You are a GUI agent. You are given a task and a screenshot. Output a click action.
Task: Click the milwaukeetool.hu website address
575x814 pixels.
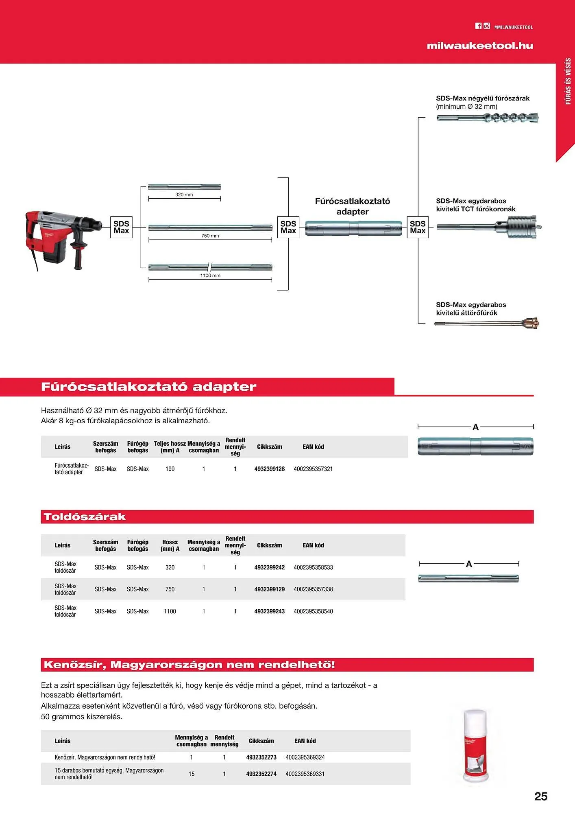[479, 46]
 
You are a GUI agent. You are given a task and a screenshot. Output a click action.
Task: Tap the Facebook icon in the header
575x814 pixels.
[478, 26]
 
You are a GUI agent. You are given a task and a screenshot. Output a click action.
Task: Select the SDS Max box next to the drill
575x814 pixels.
[121, 227]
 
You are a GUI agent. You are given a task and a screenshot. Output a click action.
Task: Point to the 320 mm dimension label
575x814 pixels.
[184, 195]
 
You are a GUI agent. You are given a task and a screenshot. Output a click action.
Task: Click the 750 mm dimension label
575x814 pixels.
[210, 236]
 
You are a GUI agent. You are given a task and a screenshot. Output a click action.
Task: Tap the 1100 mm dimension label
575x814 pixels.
[210, 276]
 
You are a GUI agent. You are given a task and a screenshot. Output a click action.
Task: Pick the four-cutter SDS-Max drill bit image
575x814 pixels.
[488, 118]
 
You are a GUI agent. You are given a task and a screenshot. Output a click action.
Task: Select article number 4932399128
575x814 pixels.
[269, 469]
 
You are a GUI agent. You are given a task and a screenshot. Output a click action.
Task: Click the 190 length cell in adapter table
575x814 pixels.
[170, 469]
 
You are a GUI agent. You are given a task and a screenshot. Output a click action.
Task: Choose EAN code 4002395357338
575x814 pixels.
[313, 589]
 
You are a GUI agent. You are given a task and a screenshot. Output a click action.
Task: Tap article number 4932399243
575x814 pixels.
[269, 611]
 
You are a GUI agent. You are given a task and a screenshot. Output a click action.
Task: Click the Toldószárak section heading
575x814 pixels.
[85, 517]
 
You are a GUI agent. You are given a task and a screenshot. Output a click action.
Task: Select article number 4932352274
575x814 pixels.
[261, 774]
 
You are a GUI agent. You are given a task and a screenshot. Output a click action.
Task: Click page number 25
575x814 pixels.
[540, 796]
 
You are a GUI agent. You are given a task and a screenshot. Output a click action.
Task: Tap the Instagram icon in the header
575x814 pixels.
[487, 26]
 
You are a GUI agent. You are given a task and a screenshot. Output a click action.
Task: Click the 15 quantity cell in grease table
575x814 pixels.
[192, 774]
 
